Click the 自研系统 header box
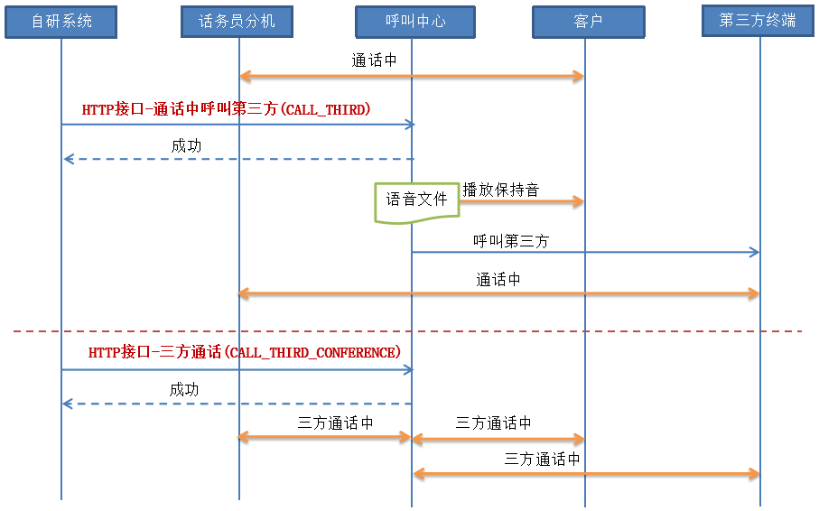[61, 21]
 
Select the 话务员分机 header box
[237, 21]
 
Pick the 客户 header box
[588, 21]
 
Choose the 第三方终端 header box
[758, 20]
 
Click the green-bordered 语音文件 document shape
[416, 200]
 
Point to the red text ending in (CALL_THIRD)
[226, 109]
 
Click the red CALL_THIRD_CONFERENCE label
[244, 352]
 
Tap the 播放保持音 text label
[501, 190]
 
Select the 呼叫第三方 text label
[510, 241]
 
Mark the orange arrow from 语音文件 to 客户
[521, 202]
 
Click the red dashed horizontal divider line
[406, 331]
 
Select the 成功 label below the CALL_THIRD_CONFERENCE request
[184, 389]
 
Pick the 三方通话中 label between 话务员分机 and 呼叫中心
[335, 423]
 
